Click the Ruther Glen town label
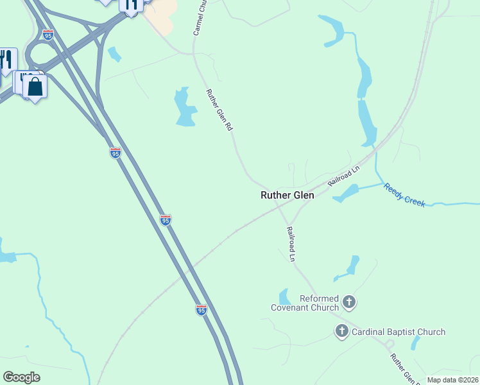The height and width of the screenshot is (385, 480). pyautogui.click(x=287, y=196)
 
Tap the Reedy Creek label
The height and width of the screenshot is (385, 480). pyautogui.click(x=404, y=194)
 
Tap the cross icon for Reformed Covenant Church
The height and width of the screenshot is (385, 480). pyautogui.click(x=349, y=301)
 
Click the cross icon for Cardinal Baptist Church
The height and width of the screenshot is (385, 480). pyautogui.click(x=342, y=331)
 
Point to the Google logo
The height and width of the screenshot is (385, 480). pyautogui.click(x=22, y=377)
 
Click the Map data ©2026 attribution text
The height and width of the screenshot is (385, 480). pyautogui.click(x=452, y=380)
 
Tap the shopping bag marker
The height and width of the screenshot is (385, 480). pyautogui.click(x=35, y=86)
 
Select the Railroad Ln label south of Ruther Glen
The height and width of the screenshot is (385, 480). pyautogui.click(x=291, y=244)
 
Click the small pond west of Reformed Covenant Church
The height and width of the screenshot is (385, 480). pyautogui.click(x=285, y=297)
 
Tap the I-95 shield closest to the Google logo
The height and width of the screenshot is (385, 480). pyautogui.click(x=201, y=309)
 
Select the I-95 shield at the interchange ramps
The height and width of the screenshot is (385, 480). pyautogui.click(x=48, y=35)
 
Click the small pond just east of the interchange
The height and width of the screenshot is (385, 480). pyautogui.click(x=115, y=55)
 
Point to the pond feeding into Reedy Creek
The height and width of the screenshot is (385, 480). pyautogui.click(x=347, y=192)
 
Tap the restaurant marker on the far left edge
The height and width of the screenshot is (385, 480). pyautogui.click(x=6, y=60)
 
